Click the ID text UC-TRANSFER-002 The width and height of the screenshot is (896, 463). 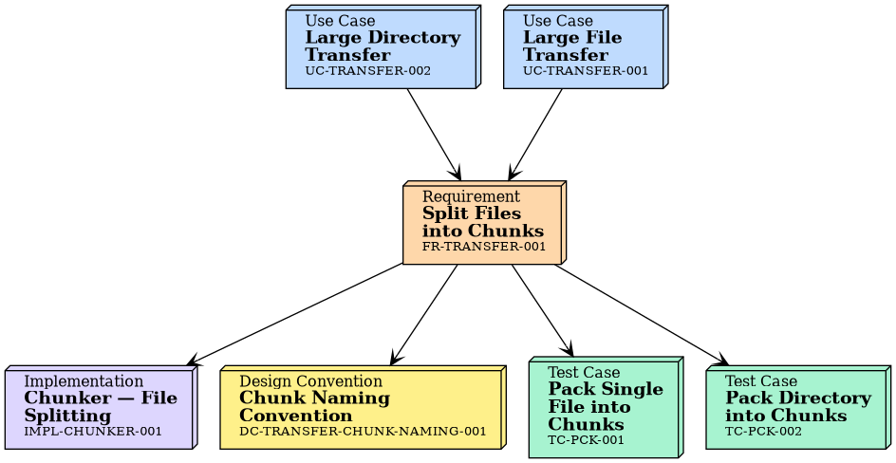click(x=367, y=71)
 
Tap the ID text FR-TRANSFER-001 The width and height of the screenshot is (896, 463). click(x=484, y=247)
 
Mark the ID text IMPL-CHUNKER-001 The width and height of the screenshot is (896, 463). click(x=93, y=432)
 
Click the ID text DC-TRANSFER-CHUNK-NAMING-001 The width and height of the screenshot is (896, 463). click(x=363, y=432)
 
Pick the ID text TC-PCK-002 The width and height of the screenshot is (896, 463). click(x=763, y=432)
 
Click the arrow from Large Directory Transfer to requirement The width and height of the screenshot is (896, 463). click(x=434, y=134)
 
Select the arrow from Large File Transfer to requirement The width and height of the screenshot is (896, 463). click(x=536, y=134)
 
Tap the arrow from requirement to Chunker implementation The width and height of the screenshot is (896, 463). click(x=294, y=314)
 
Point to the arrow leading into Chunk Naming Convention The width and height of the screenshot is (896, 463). click(x=424, y=314)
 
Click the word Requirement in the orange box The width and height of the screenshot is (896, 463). click(x=459, y=196)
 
